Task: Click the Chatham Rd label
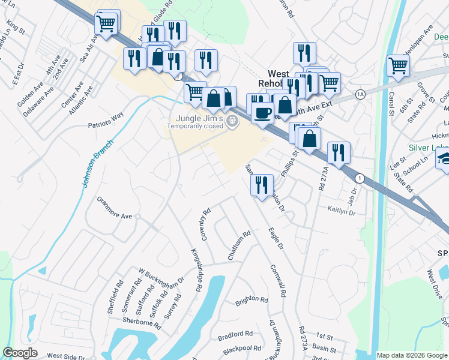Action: (238, 246)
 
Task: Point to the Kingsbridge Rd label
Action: (196, 270)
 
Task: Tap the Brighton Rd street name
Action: (251, 299)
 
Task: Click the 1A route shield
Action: (360, 94)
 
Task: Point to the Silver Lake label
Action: (428, 148)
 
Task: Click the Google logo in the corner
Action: (20, 353)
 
